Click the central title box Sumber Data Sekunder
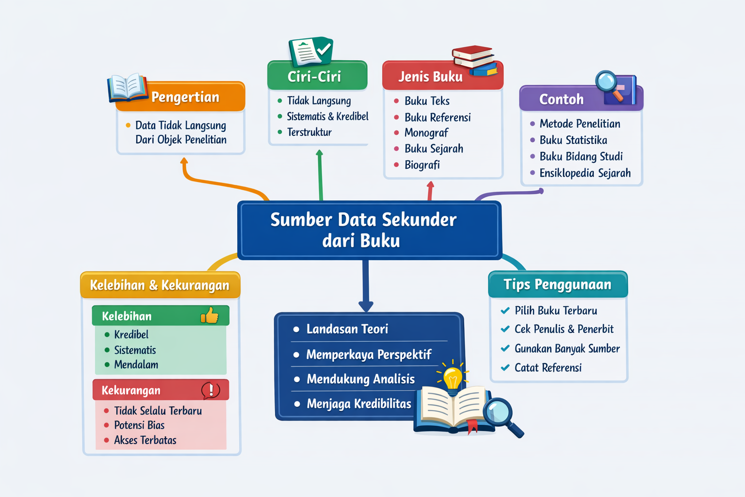(369, 230)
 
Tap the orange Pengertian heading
(185, 97)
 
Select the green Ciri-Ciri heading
(314, 76)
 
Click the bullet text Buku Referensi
(437, 117)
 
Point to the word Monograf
(426, 133)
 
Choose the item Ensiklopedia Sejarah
(585, 173)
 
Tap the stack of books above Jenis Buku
(474, 60)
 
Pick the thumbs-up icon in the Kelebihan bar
(210, 316)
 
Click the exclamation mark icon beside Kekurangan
(211, 390)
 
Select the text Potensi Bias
(139, 425)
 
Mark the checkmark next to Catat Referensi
(505, 367)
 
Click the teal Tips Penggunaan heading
(557, 284)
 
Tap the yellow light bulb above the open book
(453, 377)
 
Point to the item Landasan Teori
(347, 329)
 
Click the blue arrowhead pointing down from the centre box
(366, 306)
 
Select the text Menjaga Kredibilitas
(359, 404)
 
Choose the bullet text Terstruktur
(309, 132)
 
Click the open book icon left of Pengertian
(127, 87)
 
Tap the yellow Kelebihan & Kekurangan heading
(160, 285)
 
